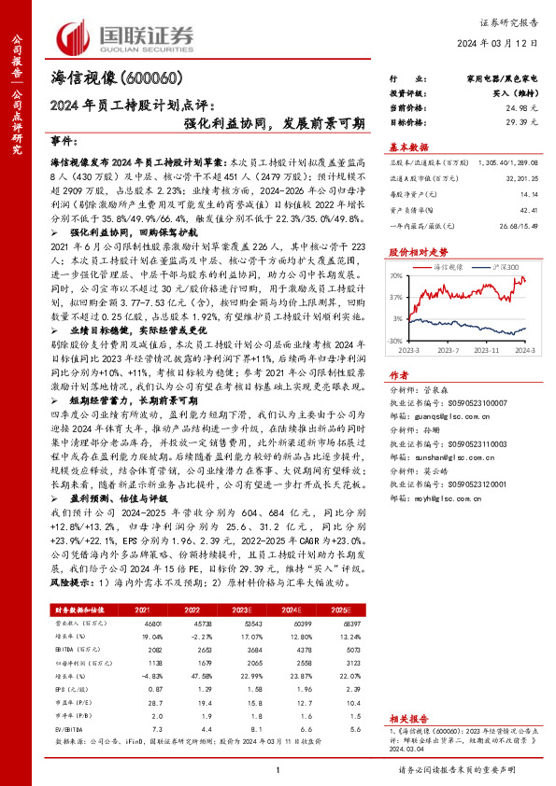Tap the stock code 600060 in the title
(150, 77)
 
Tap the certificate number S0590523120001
(470, 484)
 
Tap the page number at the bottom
(278, 771)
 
